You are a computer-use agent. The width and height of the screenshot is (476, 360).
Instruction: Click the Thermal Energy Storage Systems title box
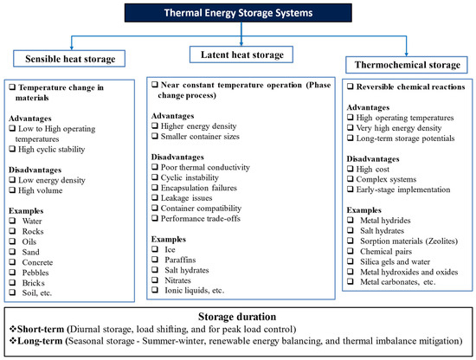tap(238, 13)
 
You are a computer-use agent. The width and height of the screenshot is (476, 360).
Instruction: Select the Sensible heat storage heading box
tap(69, 59)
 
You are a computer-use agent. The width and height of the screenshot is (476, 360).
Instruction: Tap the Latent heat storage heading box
tap(241, 55)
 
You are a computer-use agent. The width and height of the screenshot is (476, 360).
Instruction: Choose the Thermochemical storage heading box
tap(407, 65)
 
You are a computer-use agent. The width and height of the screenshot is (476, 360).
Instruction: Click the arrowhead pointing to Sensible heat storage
tap(72, 48)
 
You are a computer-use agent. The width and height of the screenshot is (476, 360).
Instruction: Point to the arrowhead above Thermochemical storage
tap(407, 54)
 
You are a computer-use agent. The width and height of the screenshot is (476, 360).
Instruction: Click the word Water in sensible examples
tap(32, 221)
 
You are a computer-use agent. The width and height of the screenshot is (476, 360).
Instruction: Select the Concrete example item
tap(37, 262)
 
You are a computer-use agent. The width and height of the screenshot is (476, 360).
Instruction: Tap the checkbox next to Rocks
tap(12, 231)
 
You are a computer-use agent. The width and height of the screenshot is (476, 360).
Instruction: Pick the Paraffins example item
tap(180, 260)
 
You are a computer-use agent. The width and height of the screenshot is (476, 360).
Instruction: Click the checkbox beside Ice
tap(155, 249)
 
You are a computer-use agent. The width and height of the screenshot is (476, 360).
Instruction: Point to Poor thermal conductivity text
tap(205, 167)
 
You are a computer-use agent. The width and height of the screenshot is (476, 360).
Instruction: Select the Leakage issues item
tap(186, 198)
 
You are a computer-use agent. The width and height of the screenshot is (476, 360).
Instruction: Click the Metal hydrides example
tap(385, 221)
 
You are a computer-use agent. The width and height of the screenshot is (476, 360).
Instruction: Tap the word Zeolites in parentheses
tap(441, 241)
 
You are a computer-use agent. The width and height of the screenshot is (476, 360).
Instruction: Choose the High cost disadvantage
tap(372, 169)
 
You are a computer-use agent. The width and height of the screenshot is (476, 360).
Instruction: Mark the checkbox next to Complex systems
tap(351, 179)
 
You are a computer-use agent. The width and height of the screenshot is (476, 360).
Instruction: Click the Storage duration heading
tap(237, 317)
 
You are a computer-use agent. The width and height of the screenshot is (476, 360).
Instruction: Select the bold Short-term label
tap(41, 329)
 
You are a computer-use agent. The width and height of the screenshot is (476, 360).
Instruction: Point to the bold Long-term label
tap(40, 341)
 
